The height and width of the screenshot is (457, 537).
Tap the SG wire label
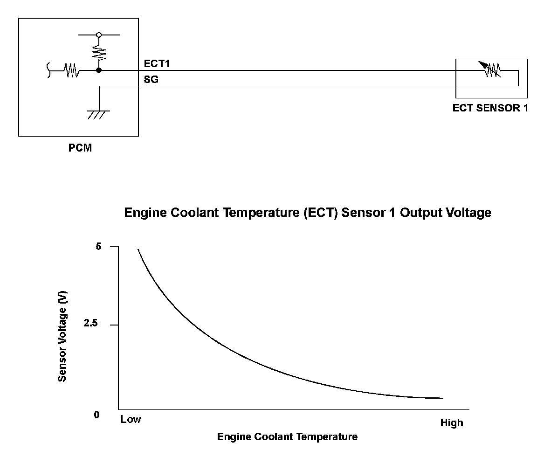(x=151, y=79)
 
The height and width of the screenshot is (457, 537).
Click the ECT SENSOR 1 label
(x=490, y=108)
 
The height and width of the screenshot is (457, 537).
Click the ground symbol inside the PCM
(x=98, y=113)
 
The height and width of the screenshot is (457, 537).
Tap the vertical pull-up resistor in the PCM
(x=99, y=52)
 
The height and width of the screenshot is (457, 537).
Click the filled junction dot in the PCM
(x=99, y=71)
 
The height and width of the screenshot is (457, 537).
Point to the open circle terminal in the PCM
(x=99, y=35)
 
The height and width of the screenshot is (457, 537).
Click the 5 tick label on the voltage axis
(x=98, y=246)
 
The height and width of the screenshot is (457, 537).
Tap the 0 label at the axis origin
(x=97, y=415)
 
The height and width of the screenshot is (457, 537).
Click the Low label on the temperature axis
(x=131, y=419)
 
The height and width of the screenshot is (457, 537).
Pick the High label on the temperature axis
(x=452, y=423)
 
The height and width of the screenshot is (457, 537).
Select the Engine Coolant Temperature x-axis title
(x=288, y=437)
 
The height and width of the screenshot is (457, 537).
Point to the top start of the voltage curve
(x=138, y=250)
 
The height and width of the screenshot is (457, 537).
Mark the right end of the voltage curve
(x=442, y=398)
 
